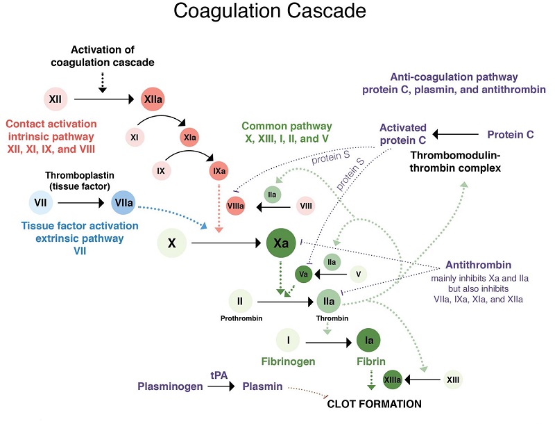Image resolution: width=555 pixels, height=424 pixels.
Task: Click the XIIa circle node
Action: pyautogui.click(x=153, y=100)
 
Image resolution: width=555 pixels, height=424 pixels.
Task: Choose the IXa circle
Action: pyautogui.click(x=219, y=169)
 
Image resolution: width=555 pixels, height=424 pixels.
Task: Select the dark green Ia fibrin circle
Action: pyautogui.click(x=370, y=341)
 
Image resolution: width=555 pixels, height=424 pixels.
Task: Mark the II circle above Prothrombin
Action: pyautogui.click(x=240, y=302)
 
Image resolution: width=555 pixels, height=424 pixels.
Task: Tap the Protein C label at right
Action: pyautogui.click(x=510, y=134)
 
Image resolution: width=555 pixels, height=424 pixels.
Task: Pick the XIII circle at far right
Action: pyautogui.click(x=454, y=380)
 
